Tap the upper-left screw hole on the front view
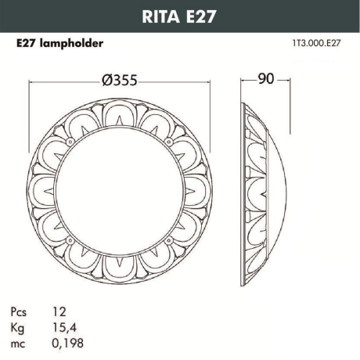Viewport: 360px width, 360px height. (73, 141)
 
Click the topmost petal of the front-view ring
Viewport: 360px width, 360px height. (121, 111)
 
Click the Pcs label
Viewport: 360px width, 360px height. (22, 311)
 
